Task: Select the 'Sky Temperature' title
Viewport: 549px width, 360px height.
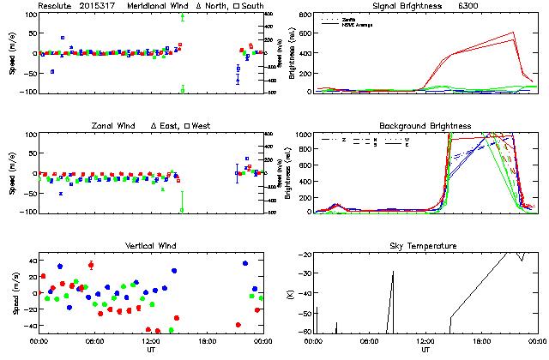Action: point(425,246)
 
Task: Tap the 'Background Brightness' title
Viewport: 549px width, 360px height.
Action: point(425,126)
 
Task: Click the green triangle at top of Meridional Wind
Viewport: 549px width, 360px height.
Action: point(183,16)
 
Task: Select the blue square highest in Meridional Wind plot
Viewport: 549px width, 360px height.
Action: point(63,39)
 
